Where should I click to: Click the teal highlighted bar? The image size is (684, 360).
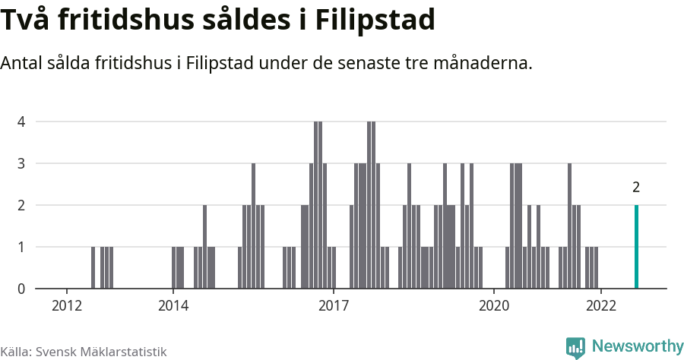click(x=636, y=247)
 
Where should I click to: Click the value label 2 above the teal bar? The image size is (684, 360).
click(x=636, y=188)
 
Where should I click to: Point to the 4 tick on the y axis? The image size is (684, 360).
click(x=21, y=122)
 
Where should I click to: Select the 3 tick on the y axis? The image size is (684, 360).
click(x=21, y=163)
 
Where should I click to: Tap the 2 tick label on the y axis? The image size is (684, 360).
click(x=21, y=205)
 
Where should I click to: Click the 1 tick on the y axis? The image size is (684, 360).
click(x=21, y=247)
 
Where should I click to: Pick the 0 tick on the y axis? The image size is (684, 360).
click(x=21, y=289)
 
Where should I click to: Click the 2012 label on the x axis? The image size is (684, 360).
click(x=67, y=306)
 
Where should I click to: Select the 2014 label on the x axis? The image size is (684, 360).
click(x=173, y=306)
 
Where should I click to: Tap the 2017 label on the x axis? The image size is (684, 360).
click(x=334, y=306)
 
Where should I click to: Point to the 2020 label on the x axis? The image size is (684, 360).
click(x=494, y=306)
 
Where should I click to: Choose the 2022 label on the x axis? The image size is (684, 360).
click(x=600, y=306)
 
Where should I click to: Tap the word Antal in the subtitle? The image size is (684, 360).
click(x=23, y=63)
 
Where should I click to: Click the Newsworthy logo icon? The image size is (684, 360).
click(x=575, y=347)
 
